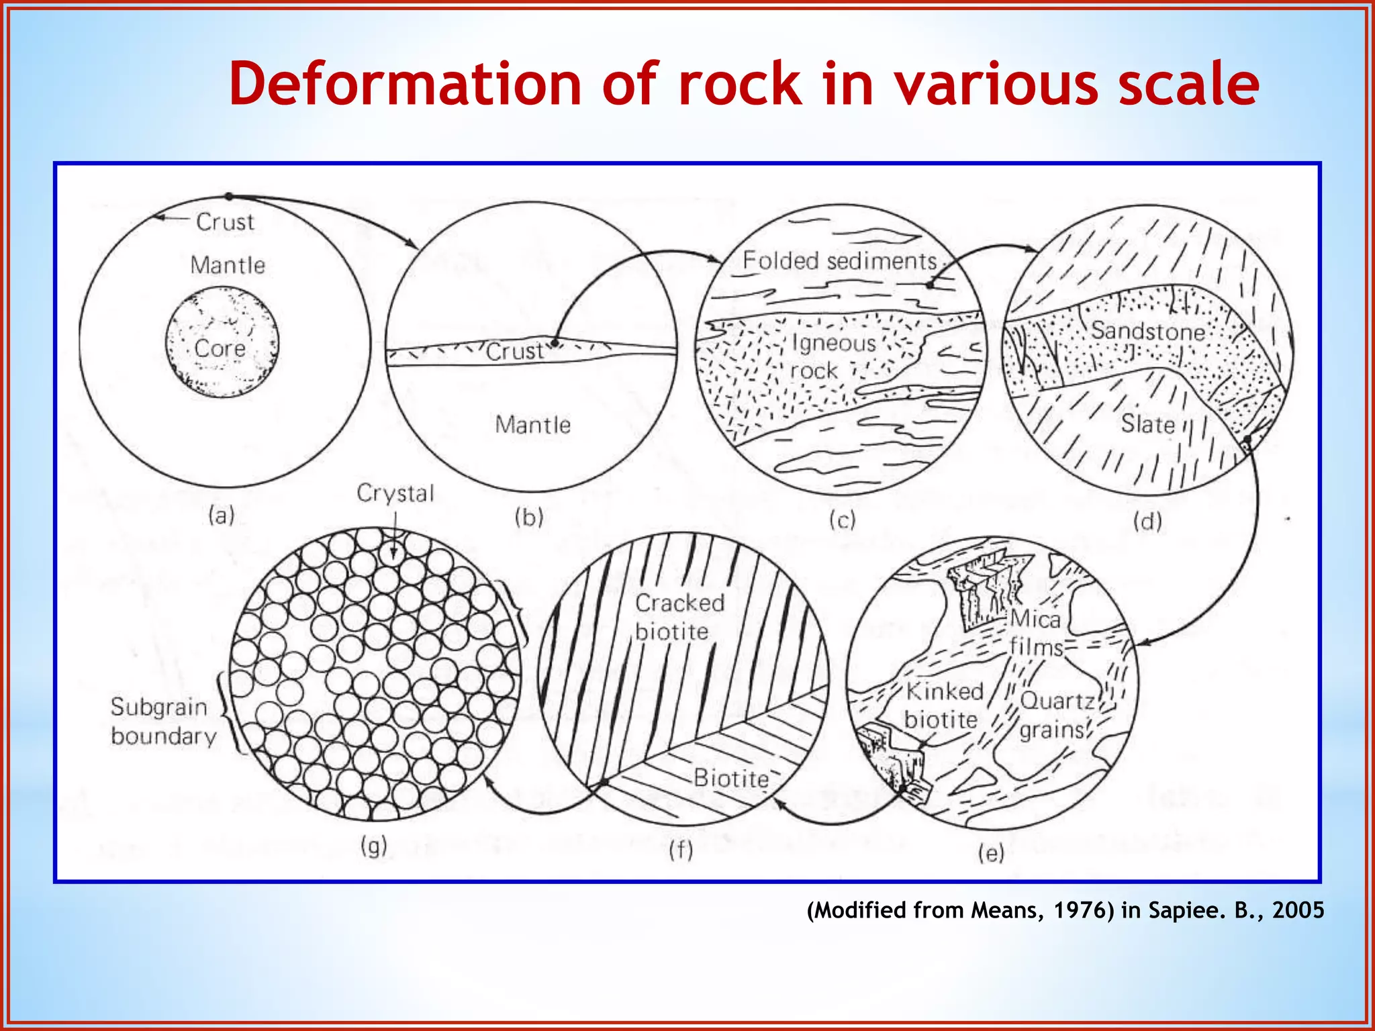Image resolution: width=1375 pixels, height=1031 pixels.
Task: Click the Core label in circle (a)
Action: click(x=220, y=348)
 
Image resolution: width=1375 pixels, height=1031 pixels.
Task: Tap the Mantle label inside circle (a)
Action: click(x=228, y=265)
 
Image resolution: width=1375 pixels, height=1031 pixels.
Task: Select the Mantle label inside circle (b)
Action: click(x=532, y=425)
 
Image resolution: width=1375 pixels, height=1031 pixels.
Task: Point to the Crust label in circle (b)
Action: click(x=514, y=351)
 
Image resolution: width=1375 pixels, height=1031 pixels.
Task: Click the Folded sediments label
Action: click(x=839, y=260)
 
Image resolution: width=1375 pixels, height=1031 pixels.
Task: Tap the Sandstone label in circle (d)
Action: click(x=1147, y=331)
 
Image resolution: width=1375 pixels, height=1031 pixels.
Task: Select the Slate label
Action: click(x=1147, y=424)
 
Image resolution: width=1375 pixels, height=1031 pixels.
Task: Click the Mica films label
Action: click(x=1036, y=632)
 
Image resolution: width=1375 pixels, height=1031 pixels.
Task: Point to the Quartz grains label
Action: click(x=1055, y=715)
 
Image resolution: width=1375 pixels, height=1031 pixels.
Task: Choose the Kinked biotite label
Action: click(x=943, y=705)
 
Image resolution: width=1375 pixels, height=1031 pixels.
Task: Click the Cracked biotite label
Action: click(x=679, y=617)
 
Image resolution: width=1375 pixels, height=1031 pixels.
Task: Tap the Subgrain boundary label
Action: click(x=163, y=722)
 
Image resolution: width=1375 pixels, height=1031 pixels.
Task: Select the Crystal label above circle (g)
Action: click(x=395, y=493)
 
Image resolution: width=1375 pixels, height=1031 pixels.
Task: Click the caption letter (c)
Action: click(x=842, y=520)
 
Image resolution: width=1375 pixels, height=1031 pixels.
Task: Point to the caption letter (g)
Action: click(x=373, y=846)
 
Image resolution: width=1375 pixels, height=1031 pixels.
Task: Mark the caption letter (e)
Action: click(x=991, y=853)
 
